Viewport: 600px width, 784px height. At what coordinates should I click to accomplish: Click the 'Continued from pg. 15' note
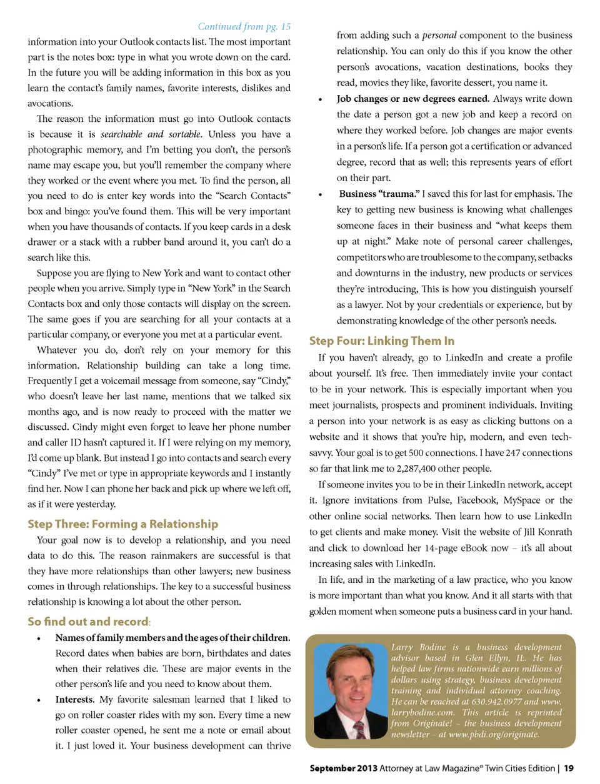pyautogui.click(x=244, y=26)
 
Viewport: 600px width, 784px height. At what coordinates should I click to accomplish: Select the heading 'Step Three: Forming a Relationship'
pyautogui.click(x=122, y=524)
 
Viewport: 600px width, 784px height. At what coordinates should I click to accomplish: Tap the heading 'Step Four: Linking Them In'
pyautogui.click(x=381, y=340)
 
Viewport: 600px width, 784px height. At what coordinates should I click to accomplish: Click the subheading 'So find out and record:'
pyautogui.click(x=89, y=622)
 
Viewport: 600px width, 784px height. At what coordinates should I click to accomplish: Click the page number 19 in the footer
pyautogui.click(x=569, y=768)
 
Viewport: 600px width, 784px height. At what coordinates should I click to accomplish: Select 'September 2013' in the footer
pyautogui.click(x=343, y=768)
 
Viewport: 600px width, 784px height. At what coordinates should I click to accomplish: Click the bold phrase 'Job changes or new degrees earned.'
pyautogui.click(x=412, y=99)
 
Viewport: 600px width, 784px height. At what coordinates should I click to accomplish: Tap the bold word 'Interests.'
pyautogui.click(x=74, y=700)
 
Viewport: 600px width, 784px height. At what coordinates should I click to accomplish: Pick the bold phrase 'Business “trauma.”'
pyautogui.click(x=379, y=194)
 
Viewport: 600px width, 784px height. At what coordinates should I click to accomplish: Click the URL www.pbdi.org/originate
pyautogui.click(x=494, y=734)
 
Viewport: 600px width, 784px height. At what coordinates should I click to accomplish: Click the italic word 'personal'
pyautogui.click(x=439, y=35)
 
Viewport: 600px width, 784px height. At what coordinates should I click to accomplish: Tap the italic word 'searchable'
pyautogui.click(x=121, y=134)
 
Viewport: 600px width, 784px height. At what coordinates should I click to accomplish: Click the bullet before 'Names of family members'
pyautogui.click(x=39, y=638)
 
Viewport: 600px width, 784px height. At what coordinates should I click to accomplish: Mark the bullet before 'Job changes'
pyautogui.click(x=321, y=99)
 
